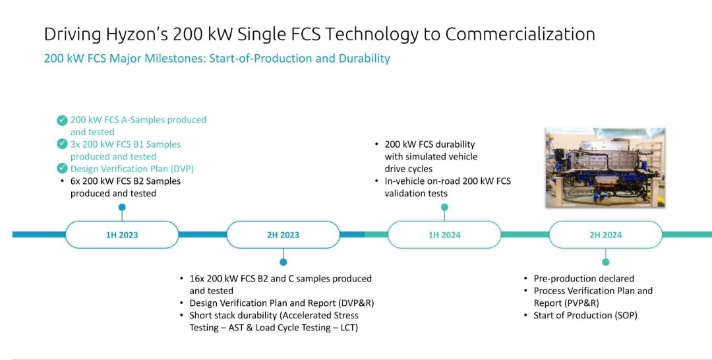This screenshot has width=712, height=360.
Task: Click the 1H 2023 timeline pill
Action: [x=122, y=235]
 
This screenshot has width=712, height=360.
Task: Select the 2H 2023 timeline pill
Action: [x=283, y=235]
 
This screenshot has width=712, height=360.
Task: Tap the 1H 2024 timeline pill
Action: [x=444, y=235]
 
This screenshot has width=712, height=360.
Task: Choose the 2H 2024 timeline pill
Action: [x=605, y=235]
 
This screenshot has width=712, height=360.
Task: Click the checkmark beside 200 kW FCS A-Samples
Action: [x=62, y=120]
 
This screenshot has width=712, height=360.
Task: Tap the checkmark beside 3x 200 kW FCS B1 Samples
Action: [x=62, y=144]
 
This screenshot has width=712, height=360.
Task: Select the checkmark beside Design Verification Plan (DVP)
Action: [x=62, y=169]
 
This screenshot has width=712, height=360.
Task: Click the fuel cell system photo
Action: [x=605, y=167]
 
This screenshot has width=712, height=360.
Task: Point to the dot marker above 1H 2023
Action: [x=122, y=208]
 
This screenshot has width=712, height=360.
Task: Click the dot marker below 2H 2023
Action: [x=283, y=262]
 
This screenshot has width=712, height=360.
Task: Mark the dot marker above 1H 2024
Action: [x=444, y=208]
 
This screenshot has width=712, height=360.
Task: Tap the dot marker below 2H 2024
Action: [x=605, y=262]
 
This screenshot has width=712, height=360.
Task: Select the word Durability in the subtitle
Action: [x=364, y=59]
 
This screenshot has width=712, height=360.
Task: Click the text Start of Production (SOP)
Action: [x=585, y=315]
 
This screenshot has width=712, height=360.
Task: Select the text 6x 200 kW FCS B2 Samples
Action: [x=125, y=181]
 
